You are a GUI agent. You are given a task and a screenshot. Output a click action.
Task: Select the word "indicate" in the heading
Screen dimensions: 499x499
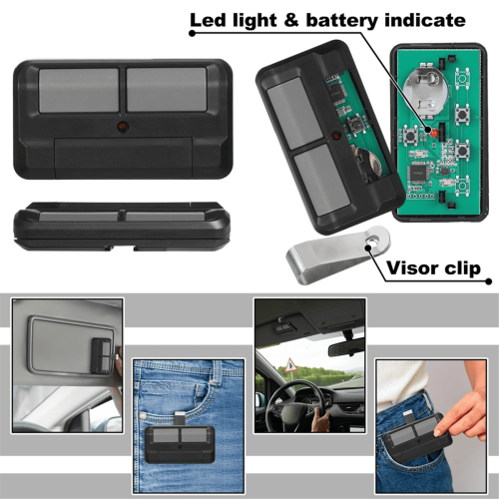click(x=425, y=20)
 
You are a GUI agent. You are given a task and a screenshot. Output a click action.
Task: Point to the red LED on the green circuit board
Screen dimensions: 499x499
click(x=433, y=133)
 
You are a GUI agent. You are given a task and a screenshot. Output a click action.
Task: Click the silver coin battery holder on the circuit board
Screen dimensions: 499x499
click(x=423, y=88)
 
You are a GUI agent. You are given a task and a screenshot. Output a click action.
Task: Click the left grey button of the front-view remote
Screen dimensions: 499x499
click(x=79, y=90)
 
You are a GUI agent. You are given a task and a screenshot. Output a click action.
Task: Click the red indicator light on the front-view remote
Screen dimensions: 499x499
click(x=123, y=127)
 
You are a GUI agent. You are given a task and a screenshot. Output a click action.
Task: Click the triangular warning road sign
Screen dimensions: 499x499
click(x=290, y=366)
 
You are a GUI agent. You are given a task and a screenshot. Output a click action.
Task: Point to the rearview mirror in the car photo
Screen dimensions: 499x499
click(x=345, y=348)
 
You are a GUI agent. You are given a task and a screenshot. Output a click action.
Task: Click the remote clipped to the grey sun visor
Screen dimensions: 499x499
click(x=103, y=356)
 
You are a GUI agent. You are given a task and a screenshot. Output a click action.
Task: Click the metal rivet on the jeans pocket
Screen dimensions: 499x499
click(x=143, y=416)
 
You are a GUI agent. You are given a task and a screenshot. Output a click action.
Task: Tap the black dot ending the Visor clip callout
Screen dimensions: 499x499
click(x=488, y=281)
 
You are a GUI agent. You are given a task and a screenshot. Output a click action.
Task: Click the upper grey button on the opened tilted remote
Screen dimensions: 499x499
click(x=294, y=113)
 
